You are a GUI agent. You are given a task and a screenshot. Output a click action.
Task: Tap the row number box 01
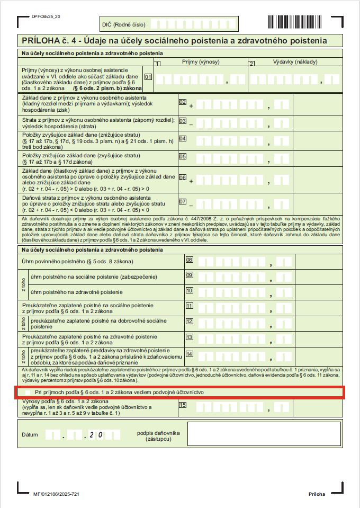point(149,77)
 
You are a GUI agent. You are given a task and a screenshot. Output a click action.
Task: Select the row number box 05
point(183,156)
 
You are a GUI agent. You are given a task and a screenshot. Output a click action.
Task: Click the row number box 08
point(189,260)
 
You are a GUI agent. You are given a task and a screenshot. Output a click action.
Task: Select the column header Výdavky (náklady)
point(295,62)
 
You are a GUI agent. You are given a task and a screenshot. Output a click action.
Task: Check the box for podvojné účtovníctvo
point(27,392)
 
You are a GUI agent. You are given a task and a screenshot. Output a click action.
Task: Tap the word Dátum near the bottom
point(30,434)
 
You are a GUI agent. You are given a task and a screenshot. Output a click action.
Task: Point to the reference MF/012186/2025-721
point(56,494)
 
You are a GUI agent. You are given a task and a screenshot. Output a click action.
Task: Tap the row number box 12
point(189,322)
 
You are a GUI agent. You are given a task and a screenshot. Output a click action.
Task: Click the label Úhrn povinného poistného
point(77,262)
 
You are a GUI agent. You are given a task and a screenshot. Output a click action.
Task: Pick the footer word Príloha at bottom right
point(317,494)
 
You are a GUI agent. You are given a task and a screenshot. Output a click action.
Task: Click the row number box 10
point(189,290)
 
